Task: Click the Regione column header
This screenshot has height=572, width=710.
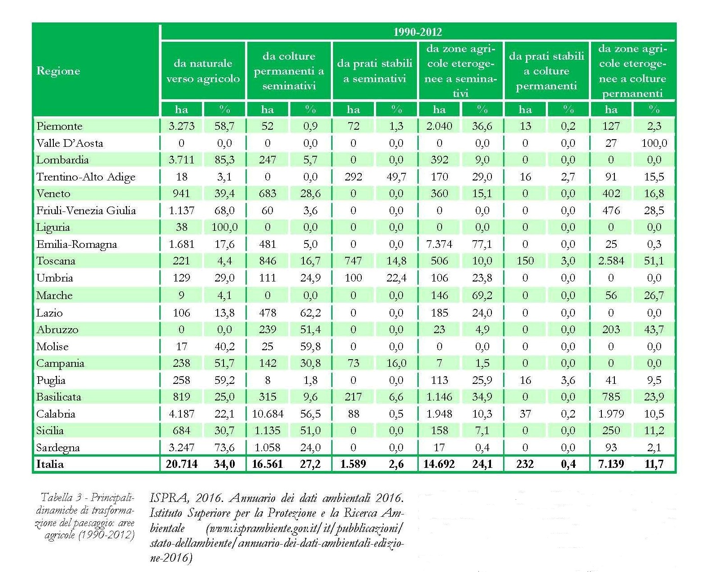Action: [x=58, y=71]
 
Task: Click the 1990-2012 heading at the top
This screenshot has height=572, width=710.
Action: [x=417, y=32]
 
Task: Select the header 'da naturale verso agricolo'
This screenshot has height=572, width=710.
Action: [x=203, y=71]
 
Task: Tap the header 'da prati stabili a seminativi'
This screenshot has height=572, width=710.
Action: [x=375, y=71]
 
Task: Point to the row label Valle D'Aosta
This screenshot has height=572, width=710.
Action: [x=70, y=143]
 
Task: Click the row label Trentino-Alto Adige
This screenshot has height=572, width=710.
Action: [x=86, y=177]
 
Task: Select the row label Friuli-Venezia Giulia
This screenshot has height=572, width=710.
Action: [x=86, y=211]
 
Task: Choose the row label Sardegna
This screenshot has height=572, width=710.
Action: [x=58, y=448]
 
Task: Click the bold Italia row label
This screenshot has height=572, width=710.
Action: [x=50, y=464]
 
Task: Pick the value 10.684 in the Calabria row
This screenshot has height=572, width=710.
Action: [x=267, y=414]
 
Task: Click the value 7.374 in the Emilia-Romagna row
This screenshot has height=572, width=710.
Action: [x=439, y=244]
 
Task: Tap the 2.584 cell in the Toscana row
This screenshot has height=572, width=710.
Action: [x=611, y=261]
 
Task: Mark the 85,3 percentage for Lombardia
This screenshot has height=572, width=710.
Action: [x=224, y=160]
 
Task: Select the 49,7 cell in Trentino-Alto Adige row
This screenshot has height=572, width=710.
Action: [x=396, y=177]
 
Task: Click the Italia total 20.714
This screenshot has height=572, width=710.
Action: [x=181, y=464]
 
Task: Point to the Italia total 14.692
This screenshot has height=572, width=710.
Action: [x=439, y=464]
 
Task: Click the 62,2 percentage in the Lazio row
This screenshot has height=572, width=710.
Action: [x=310, y=312]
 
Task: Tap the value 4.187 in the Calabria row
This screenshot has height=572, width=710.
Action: [x=181, y=414]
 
